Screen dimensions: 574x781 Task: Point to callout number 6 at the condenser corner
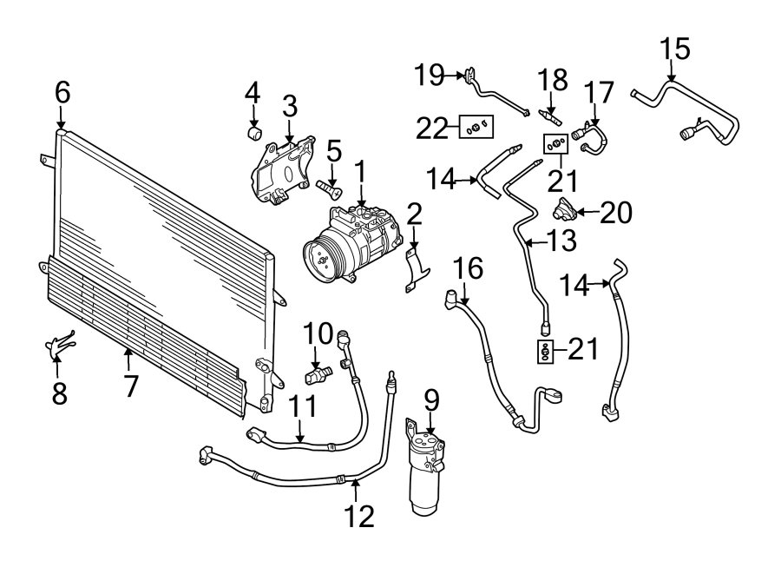[x=62, y=92]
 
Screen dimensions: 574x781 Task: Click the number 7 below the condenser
[x=130, y=385]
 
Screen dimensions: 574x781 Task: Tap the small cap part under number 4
[x=254, y=133]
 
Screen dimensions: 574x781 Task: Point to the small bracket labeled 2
[x=416, y=269]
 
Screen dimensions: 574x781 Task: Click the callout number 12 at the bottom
[x=358, y=517]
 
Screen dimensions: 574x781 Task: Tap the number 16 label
[x=468, y=269]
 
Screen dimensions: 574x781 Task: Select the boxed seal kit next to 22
[x=476, y=129]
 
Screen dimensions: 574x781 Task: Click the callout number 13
[x=561, y=241]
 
